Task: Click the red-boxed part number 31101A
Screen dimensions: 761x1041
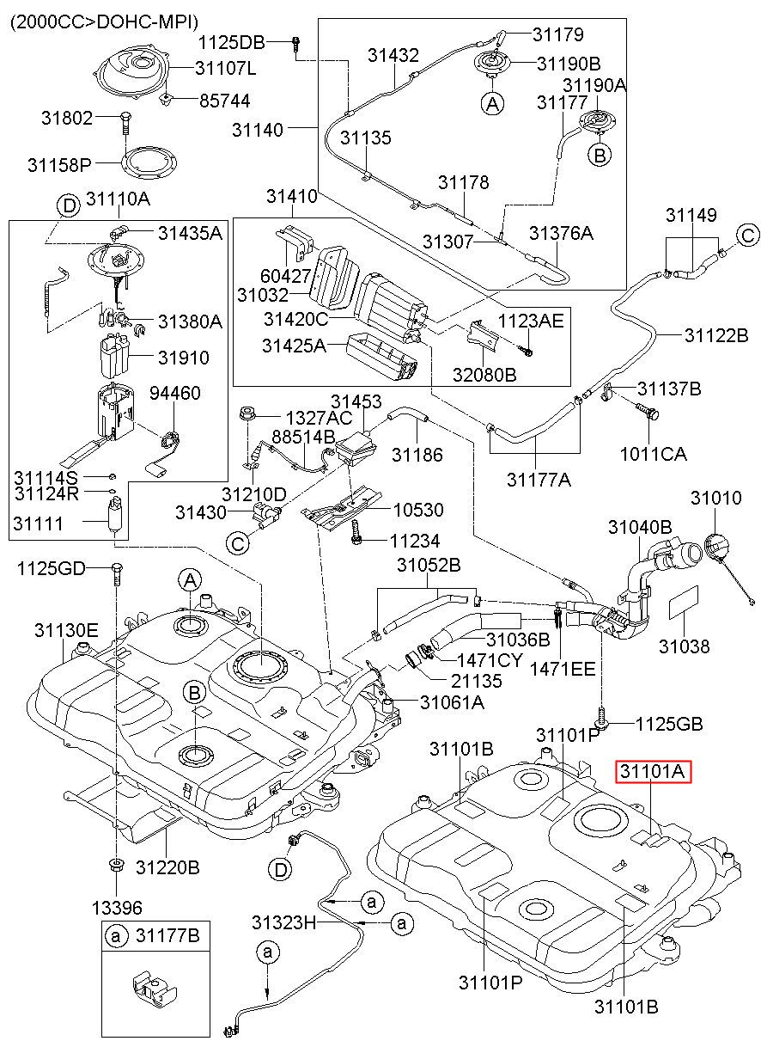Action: (653, 771)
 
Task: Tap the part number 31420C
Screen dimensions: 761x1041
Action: (295, 319)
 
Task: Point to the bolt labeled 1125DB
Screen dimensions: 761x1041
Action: (295, 43)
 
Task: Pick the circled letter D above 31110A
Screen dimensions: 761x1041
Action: (69, 205)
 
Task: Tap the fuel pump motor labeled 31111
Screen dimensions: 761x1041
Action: (113, 516)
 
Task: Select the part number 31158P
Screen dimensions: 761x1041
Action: (59, 164)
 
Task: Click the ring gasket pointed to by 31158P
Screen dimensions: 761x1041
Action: (149, 163)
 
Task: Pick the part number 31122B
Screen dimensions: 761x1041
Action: (717, 334)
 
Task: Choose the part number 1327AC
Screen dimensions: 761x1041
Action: (319, 418)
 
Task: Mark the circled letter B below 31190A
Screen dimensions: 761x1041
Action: (600, 154)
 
